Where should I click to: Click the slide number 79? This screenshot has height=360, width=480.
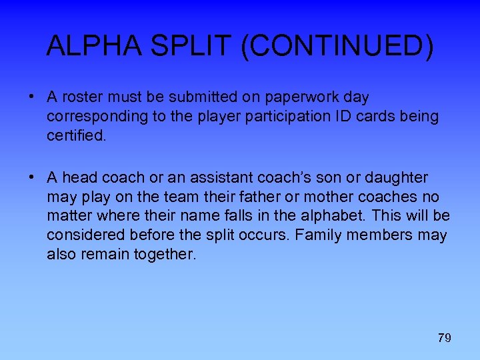tap(444, 338)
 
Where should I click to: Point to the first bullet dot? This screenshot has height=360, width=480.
tap(31, 96)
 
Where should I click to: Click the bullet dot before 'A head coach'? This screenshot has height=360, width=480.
tap(31, 177)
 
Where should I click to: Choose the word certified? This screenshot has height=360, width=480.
tap(76, 136)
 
